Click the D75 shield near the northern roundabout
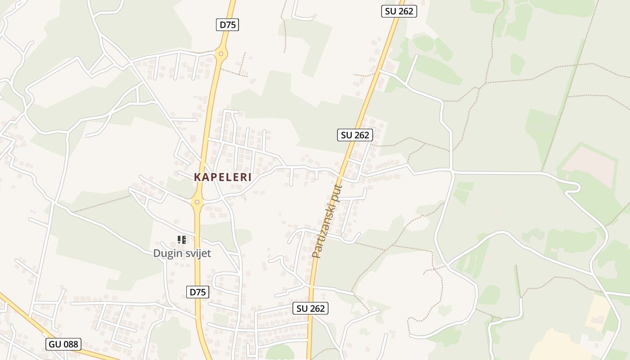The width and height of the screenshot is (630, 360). pos(227,25)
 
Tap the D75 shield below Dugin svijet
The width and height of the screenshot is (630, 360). pos(198,292)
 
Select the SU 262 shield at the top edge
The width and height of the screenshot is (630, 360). pos(399,11)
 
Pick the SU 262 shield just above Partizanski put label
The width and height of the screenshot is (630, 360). pos(355,135)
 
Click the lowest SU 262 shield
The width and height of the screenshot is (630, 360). pos(310,308)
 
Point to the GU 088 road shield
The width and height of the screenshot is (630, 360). pos(63,345)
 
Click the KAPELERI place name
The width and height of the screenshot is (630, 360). pos(223,177)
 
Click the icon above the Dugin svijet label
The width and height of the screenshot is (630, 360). pos(182,239)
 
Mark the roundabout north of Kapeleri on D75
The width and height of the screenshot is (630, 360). pos(220,54)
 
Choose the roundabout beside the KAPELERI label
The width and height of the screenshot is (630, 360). pos(197,202)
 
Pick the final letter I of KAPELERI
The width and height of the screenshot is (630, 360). pos(249,177)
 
